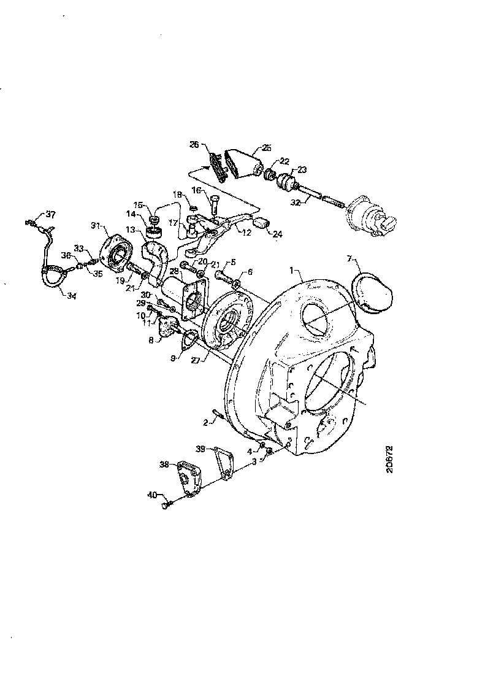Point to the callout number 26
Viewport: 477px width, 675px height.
[194, 145]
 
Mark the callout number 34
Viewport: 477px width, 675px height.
[71, 296]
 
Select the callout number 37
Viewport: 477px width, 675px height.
[50, 214]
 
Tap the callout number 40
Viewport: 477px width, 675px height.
[151, 494]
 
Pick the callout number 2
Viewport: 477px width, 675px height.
[206, 422]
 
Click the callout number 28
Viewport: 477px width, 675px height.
[174, 271]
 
